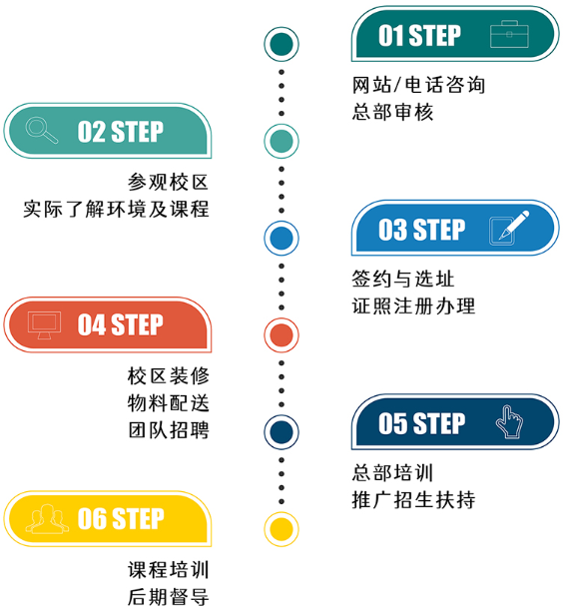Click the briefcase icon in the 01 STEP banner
[x=509, y=34]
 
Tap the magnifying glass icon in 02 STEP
[x=41, y=130]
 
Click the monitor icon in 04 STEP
[x=44, y=325]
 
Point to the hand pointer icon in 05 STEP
[x=509, y=421]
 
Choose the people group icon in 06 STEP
[x=47, y=519]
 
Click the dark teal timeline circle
[x=282, y=44]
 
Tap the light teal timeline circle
[x=282, y=141]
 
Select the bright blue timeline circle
[x=282, y=238]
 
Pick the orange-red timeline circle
[x=282, y=335]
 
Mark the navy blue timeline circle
[x=282, y=432]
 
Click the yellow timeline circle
[x=282, y=529]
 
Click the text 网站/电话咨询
[x=418, y=85]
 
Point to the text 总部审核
[x=392, y=112]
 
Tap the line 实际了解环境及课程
[x=116, y=209]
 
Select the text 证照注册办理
[x=413, y=305]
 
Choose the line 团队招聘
[x=169, y=430]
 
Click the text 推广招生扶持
[x=413, y=500]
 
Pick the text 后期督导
[x=169, y=597]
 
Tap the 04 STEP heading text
[x=121, y=324]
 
